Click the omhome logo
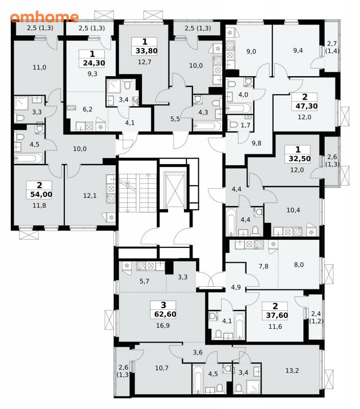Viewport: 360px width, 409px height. click(x=44, y=17)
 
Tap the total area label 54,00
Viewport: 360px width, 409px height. click(x=39, y=194)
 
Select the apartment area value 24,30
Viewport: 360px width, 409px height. click(x=94, y=63)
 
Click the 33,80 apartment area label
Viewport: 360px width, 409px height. click(x=146, y=51)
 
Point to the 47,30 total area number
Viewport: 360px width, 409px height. click(x=306, y=106)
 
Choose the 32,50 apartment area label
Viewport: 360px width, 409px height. click(x=299, y=158)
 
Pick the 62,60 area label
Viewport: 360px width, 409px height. click(x=165, y=314)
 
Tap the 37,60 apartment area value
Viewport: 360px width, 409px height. click(x=277, y=315)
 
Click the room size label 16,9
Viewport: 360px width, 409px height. click(x=163, y=325)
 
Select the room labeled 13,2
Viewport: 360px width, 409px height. click(x=292, y=370)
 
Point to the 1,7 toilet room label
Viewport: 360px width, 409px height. click(x=245, y=125)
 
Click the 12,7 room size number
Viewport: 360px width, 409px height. click(x=145, y=62)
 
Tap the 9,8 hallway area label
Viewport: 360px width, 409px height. click(x=256, y=143)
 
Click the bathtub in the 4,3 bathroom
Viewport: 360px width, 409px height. click(x=207, y=126)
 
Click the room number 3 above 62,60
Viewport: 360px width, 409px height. click(x=163, y=305)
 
